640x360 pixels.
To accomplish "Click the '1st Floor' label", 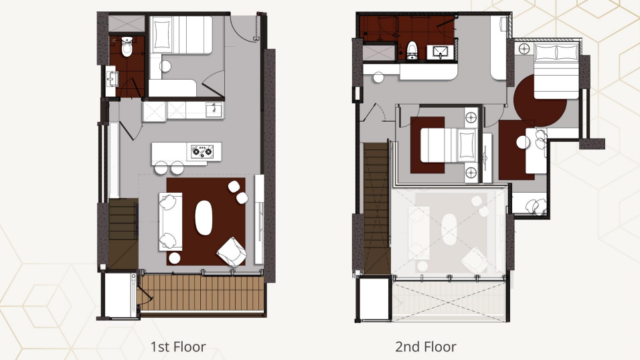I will tap(177, 347).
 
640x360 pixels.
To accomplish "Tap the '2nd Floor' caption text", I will tap(426, 347).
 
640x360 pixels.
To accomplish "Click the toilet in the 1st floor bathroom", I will tap(127, 47).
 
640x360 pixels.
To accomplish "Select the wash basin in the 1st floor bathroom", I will tap(112, 79).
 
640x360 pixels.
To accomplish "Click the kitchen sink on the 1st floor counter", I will tap(214, 109).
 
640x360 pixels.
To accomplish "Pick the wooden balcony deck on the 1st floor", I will tap(204, 293).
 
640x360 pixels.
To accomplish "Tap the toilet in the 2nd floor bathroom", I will tap(412, 48).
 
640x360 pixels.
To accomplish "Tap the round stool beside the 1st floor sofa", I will tap(174, 258).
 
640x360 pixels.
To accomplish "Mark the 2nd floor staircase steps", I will tap(376, 207).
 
